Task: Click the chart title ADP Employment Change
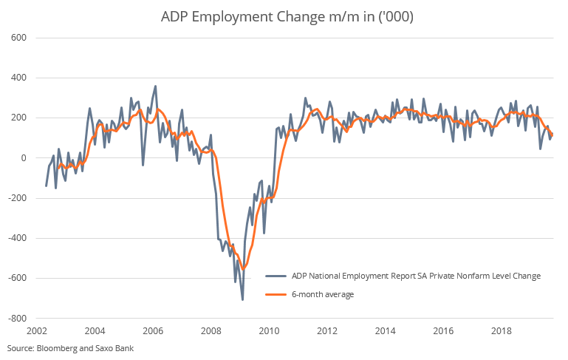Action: pos(284,17)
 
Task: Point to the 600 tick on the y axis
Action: pos(18,38)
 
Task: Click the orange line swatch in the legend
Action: pos(275,295)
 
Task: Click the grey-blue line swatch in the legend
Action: pos(275,276)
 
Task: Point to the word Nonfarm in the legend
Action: pos(471,276)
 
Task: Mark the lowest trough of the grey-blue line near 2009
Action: pos(242,299)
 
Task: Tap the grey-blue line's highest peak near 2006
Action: pos(155,86)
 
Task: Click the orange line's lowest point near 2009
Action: pos(243,269)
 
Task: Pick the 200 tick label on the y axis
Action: pos(18,118)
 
